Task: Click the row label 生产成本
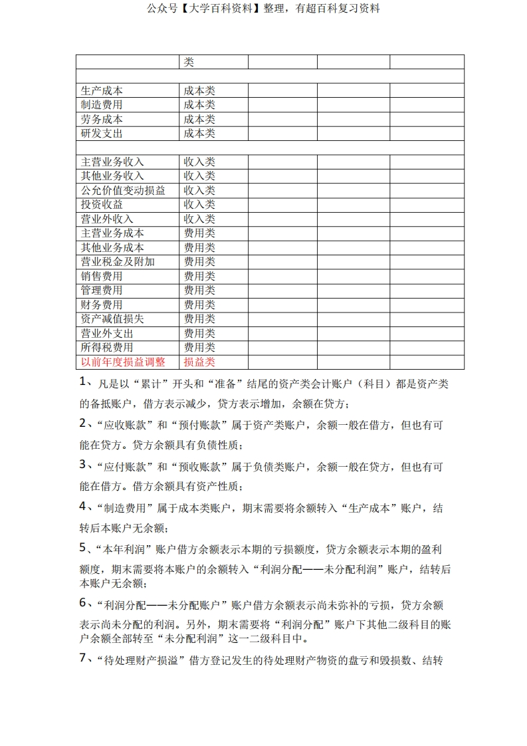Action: [x=102, y=90]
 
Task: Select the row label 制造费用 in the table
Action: [x=102, y=105]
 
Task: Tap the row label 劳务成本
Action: [x=102, y=119]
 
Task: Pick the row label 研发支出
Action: [x=102, y=134]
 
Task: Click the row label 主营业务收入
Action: [x=112, y=162]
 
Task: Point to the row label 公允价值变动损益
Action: [x=123, y=191]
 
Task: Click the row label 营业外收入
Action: [x=107, y=219]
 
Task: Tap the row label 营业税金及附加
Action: [x=118, y=262]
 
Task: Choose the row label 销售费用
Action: [x=102, y=277]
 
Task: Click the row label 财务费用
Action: [x=102, y=305]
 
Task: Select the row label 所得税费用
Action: [x=107, y=348]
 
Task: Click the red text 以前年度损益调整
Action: [x=123, y=362]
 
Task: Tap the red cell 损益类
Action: [x=199, y=362]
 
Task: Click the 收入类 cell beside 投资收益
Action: [x=199, y=205]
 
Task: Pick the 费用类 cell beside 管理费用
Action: [x=199, y=291]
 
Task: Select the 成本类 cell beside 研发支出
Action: [x=199, y=134]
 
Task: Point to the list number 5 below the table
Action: [x=83, y=549]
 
